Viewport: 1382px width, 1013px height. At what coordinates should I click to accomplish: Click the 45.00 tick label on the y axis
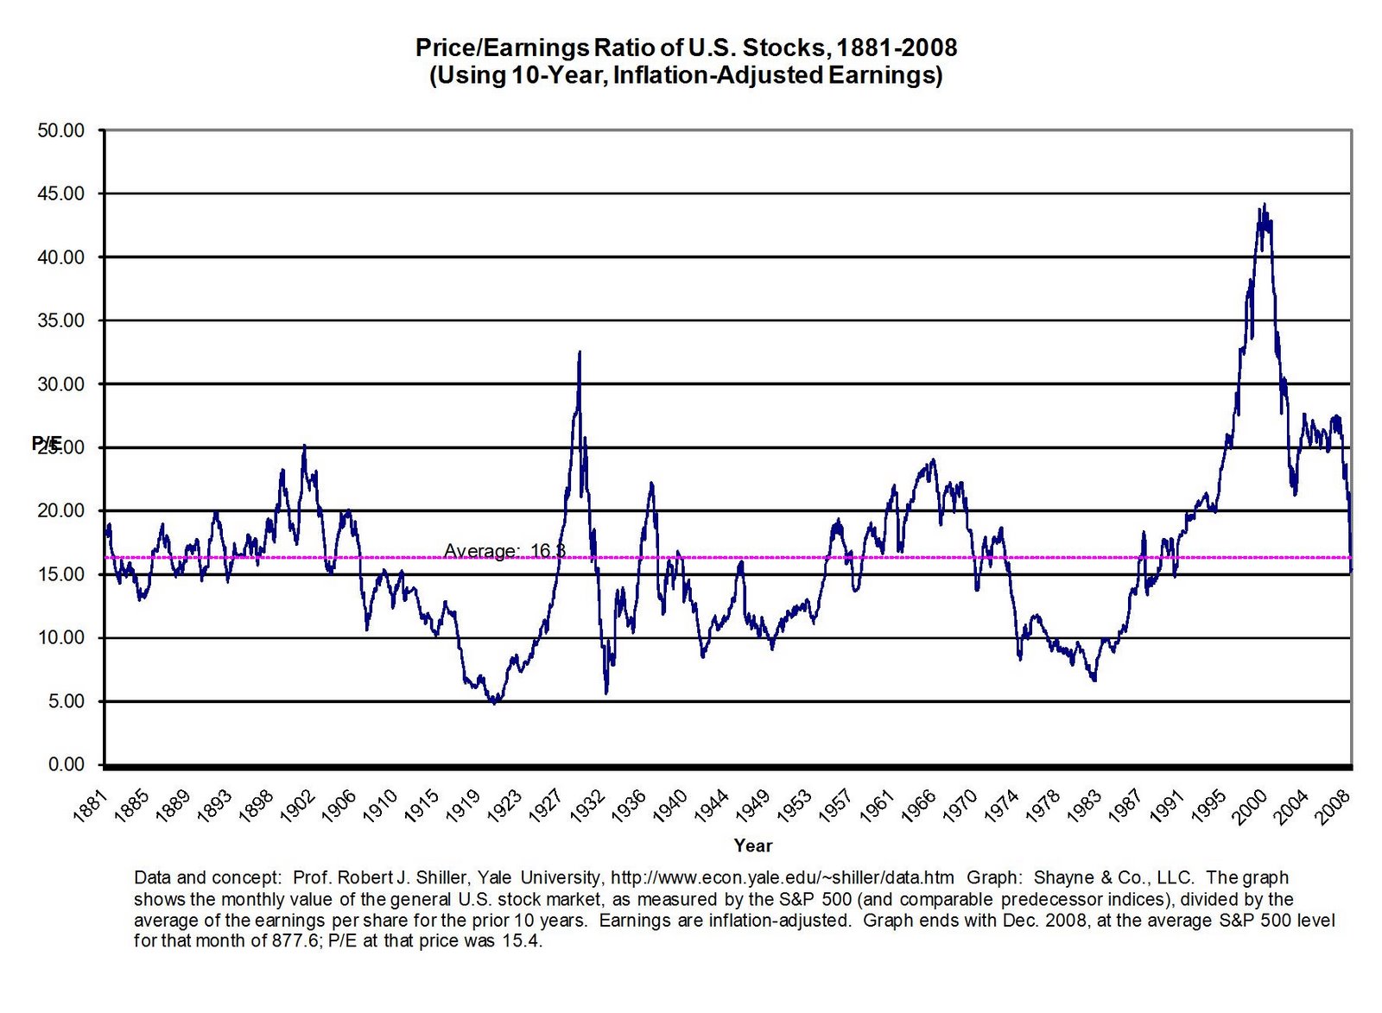[60, 193]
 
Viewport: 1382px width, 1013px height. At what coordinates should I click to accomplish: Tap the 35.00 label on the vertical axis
[60, 320]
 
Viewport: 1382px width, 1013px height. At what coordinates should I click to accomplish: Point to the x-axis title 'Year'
[753, 845]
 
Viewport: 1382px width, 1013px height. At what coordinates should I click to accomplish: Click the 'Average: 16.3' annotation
[504, 550]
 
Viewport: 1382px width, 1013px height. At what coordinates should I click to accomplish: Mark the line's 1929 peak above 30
[580, 352]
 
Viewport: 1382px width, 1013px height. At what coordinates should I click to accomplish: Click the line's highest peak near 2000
[1265, 205]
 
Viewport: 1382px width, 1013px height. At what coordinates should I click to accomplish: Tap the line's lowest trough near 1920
[495, 703]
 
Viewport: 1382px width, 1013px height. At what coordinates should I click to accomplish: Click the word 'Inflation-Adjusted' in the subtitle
[718, 76]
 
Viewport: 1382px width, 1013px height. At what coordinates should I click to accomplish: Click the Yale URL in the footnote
[783, 877]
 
